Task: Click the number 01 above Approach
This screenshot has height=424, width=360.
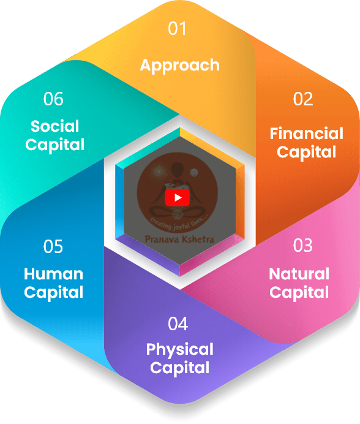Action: (x=178, y=28)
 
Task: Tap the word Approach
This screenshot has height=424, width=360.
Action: (x=180, y=66)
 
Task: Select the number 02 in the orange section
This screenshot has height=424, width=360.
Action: (x=303, y=99)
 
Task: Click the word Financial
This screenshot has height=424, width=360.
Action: (x=307, y=134)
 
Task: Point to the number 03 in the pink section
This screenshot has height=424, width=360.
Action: (x=302, y=246)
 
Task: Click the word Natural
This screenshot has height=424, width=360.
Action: (x=299, y=274)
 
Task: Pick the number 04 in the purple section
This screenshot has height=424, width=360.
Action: (x=178, y=324)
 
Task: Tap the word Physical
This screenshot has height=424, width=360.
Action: (x=180, y=350)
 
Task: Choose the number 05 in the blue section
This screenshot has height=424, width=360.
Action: (x=53, y=246)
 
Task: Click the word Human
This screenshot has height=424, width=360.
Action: (x=53, y=274)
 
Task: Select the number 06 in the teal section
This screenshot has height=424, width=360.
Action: (x=53, y=99)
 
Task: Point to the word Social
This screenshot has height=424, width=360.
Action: (x=55, y=126)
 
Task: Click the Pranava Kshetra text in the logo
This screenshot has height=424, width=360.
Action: (x=179, y=240)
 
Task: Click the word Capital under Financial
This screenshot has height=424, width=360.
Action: (x=307, y=153)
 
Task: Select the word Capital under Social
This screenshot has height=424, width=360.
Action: (x=55, y=145)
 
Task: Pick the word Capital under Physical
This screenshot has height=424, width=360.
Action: (x=180, y=368)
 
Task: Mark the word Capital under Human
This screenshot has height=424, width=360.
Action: (x=53, y=293)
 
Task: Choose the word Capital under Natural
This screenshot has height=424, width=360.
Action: (x=299, y=293)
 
